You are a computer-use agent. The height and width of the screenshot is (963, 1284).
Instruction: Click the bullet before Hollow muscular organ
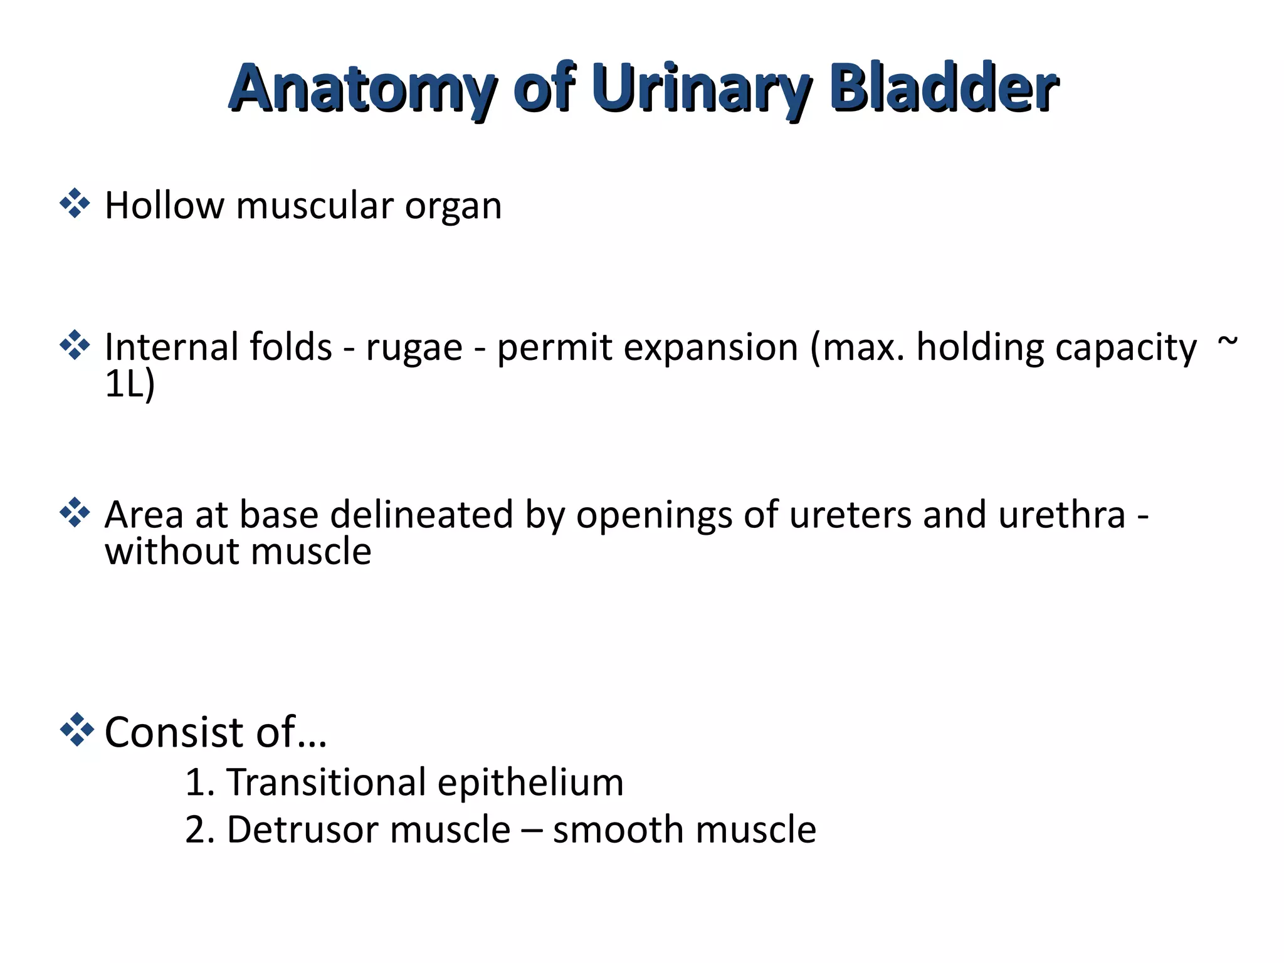tap(75, 203)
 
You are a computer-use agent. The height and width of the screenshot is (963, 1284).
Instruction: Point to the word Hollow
tap(164, 206)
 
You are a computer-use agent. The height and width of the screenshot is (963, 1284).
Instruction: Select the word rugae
tap(414, 349)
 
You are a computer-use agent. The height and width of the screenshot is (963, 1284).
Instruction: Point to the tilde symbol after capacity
tap(1227, 344)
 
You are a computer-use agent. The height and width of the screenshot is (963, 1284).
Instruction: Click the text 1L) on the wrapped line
tap(129, 384)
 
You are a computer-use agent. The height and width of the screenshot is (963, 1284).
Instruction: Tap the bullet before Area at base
tap(75, 512)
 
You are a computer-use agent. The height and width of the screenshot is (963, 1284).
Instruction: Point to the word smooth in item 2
tap(618, 830)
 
